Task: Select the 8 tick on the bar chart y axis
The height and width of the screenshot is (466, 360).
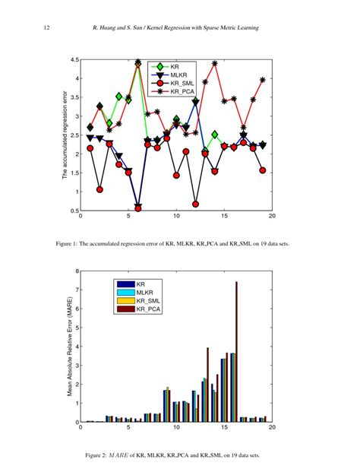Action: (x=76, y=271)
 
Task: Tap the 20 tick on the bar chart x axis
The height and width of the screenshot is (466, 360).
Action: (x=272, y=428)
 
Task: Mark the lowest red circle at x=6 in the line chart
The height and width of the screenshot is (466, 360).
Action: (x=137, y=208)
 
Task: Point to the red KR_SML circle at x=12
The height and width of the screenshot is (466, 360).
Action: (x=195, y=204)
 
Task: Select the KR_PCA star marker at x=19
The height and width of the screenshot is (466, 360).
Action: (x=263, y=80)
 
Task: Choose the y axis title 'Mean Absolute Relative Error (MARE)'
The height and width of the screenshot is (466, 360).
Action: (x=68, y=347)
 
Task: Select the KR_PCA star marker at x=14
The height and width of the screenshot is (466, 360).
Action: (x=215, y=64)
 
